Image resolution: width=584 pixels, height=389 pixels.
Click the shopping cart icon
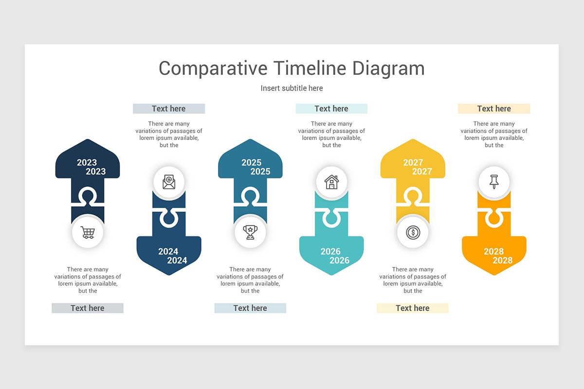click(88, 232)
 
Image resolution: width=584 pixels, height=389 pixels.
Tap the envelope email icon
click(169, 182)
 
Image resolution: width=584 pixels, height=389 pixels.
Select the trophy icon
click(250, 232)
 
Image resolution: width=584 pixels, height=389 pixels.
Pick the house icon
click(331, 182)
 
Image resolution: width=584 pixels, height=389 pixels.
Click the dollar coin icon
click(413, 232)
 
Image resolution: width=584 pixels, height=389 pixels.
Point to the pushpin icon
click(494, 182)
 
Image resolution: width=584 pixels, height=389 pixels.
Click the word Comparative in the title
click(213, 68)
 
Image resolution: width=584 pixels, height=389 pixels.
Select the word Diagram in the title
click(388, 68)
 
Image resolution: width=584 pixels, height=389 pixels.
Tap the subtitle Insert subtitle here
click(292, 88)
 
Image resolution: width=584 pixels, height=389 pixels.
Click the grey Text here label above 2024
click(169, 108)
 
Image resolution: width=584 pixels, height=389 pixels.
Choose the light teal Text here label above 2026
click(331, 108)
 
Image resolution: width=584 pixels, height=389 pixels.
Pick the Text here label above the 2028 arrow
click(494, 108)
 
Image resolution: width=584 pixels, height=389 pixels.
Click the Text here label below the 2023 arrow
click(88, 308)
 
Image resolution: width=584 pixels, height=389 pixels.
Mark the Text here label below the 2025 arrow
click(250, 308)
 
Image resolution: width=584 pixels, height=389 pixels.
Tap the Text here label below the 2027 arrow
click(413, 308)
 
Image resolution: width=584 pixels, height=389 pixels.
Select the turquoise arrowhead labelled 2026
click(331, 255)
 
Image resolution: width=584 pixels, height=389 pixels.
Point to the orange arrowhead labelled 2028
click(494, 255)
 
